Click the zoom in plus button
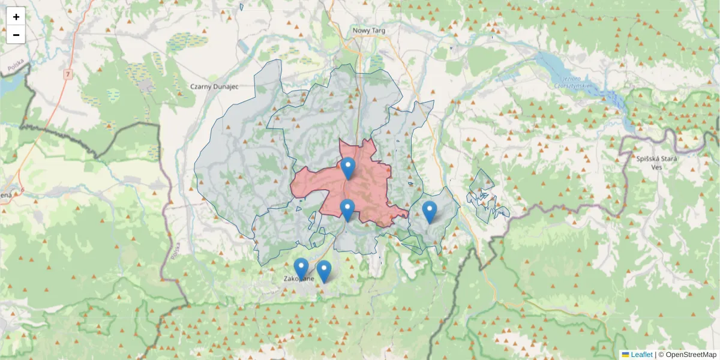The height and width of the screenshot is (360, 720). [x=16, y=17]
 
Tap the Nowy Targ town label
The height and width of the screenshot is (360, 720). [x=368, y=31]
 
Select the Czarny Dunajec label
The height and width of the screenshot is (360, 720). [x=214, y=86]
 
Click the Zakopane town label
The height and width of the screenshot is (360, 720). [x=299, y=278]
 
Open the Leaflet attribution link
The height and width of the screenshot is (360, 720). [x=641, y=355]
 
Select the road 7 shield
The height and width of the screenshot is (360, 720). [x=68, y=74]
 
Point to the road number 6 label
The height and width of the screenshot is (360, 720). [x=23, y=190]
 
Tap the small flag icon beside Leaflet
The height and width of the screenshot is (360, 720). [x=625, y=355]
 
